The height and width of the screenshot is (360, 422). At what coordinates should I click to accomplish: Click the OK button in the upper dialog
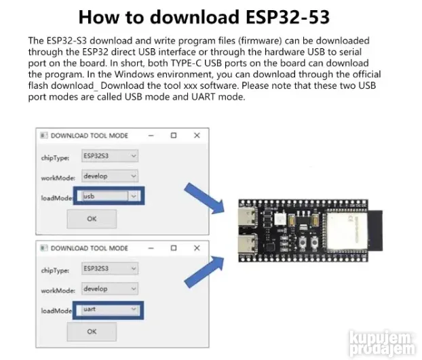(x=92, y=219)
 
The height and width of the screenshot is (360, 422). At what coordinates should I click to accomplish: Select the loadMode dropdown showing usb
(x=109, y=196)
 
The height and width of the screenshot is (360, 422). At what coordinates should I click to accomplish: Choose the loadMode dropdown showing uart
(x=109, y=309)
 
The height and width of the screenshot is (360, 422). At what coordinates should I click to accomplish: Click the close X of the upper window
(x=197, y=135)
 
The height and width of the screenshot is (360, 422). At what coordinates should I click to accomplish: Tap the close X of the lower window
(x=197, y=248)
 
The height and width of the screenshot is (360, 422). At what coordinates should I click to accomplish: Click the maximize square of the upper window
(x=174, y=135)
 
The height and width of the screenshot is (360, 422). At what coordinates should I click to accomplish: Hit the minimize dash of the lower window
(x=150, y=248)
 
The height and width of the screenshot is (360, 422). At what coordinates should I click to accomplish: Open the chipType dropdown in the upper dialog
(x=109, y=155)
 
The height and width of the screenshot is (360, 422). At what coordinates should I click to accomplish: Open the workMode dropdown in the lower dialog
(x=109, y=289)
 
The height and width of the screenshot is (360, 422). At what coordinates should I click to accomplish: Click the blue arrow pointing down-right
(x=208, y=196)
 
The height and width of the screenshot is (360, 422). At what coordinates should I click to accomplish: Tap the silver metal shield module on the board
(x=345, y=231)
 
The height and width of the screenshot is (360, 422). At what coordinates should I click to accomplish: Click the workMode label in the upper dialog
(x=56, y=177)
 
